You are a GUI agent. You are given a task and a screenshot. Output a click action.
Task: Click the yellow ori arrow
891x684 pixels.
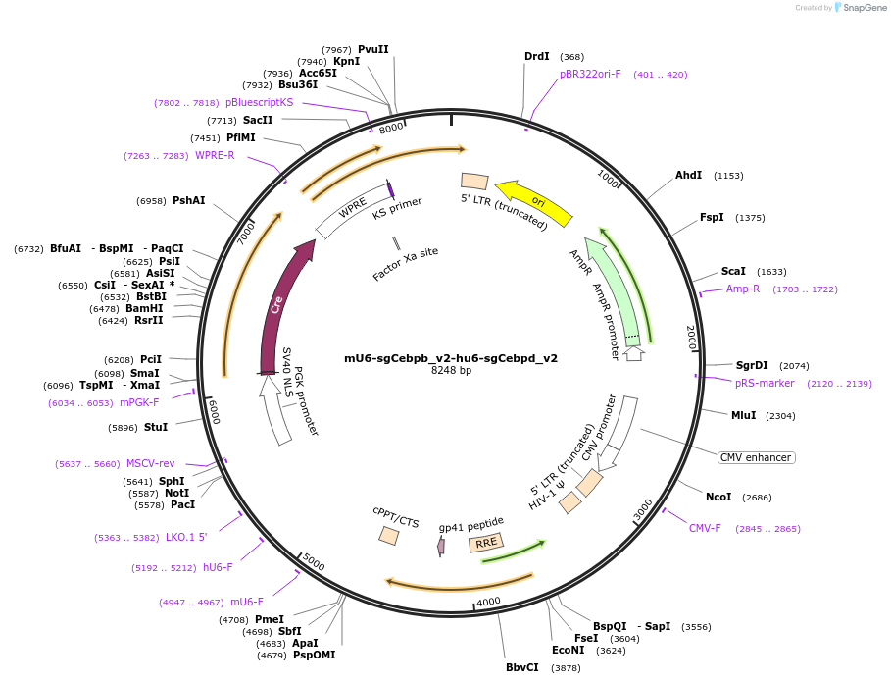(534, 200)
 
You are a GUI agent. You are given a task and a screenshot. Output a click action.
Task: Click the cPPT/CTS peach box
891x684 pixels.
(389, 536)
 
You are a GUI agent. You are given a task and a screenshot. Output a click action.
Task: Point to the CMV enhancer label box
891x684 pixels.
(756, 457)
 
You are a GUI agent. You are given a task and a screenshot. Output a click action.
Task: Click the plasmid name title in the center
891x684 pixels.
(451, 358)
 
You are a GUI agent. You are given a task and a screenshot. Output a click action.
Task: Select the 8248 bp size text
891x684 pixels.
(451, 371)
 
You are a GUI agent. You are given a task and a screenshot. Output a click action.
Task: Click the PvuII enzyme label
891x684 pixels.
(372, 49)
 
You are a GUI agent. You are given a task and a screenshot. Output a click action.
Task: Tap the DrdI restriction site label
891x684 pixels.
(537, 56)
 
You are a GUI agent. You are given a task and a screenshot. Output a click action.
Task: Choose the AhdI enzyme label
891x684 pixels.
(688, 175)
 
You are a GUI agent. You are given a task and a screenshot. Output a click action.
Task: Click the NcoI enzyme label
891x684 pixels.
(718, 497)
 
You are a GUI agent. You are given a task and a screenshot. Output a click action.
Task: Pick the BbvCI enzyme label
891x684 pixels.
(522, 667)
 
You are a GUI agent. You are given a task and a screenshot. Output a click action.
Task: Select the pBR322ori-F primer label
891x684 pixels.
(590, 74)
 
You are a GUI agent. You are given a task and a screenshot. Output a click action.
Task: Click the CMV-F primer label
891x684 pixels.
(705, 528)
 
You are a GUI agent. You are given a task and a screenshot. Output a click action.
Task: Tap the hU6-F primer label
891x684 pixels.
(218, 567)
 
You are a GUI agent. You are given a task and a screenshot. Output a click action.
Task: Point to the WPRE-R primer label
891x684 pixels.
(215, 155)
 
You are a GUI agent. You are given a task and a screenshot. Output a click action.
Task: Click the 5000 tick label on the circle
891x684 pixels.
(314, 561)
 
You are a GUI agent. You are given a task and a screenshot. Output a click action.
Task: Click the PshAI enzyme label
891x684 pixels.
(188, 200)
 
